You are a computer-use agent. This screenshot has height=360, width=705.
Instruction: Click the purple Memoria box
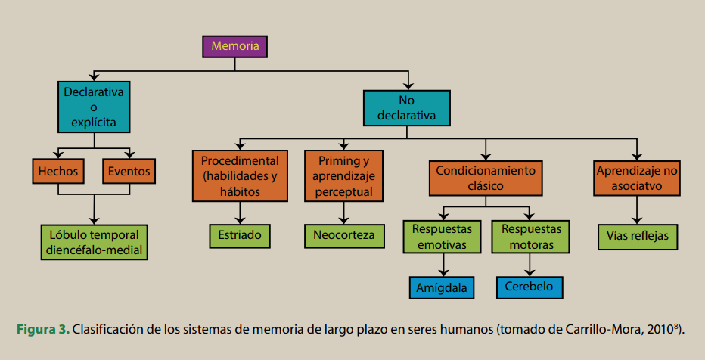pyautogui.click(x=235, y=46)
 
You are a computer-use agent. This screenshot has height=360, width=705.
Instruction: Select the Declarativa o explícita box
pyautogui.click(x=94, y=107)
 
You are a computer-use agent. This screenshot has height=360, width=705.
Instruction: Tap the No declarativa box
pyautogui.click(x=406, y=108)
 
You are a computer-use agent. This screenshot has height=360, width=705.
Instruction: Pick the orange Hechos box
pyautogui.click(x=58, y=172)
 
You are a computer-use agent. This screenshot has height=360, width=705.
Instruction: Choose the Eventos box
pyautogui.click(x=129, y=172)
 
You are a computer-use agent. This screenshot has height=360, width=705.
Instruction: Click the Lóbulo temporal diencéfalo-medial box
pyautogui.click(x=94, y=241)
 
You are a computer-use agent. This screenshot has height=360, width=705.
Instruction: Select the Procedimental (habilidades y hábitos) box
pyautogui.click(x=241, y=176)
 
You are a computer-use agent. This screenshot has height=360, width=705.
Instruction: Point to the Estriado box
pyautogui.click(x=241, y=236)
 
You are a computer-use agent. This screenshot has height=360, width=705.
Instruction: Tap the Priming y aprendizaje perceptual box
pyautogui.click(x=343, y=176)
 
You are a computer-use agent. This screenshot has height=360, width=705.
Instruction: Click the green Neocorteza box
pyautogui.click(x=344, y=236)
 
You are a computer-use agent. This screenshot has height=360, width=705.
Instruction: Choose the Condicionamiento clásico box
pyautogui.click(x=486, y=178)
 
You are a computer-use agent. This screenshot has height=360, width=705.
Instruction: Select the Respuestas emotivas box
pyautogui.click(x=443, y=237)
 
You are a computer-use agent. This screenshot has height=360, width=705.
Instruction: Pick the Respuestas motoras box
pyautogui.click(x=531, y=237)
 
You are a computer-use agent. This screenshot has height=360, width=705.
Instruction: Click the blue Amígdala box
pyautogui.click(x=444, y=288)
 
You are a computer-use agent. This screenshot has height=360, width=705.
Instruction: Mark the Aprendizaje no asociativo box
pyautogui.click(x=638, y=178)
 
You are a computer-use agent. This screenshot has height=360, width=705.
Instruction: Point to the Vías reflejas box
pyautogui.click(x=638, y=236)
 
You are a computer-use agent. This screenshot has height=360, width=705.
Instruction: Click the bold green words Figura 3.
pyautogui.click(x=43, y=330)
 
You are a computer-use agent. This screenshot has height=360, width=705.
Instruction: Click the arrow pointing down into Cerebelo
pyautogui.click(x=531, y=267)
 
